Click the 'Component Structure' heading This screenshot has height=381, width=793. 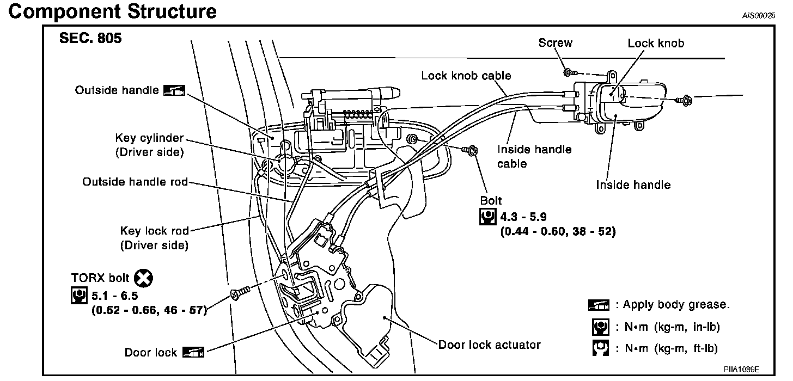pyautogui.click(x=112, y=11)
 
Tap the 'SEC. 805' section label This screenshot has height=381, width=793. pyautogui.click(x=90, y=39)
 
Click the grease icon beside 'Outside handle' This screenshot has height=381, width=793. pyautogui.click(x=174, y=90)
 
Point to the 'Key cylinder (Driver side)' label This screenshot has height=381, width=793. pyautogui.click(x=149, y=145)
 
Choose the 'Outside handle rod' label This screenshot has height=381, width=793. pyautogui.click(x=135, y=182)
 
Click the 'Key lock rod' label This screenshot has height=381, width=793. pyautogui.click(x=154, y=231)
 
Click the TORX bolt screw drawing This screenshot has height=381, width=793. pyautogui.click(x=240, y=293)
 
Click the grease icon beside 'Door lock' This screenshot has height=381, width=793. pyautogui.click(x=193, y=352)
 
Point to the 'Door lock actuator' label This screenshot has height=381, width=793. pyautogui.click(x=489, y=345)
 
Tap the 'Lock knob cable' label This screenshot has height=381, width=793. pyautogui.click(x=466, y=76)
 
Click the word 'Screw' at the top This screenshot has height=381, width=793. pyautogui.click(x=555, y=42)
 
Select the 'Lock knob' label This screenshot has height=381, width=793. pyautogui.click(x=656, y=43)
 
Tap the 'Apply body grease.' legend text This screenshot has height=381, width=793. pyautogui.click(x=676, y=304)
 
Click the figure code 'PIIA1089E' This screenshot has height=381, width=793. pyautogui.click(x=741, y=370)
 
